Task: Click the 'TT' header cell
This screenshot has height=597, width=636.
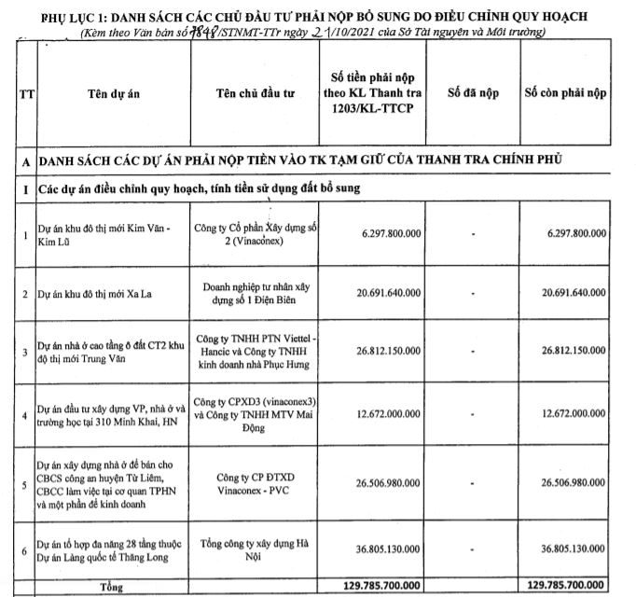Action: pyautogui.click(x=22, y=93)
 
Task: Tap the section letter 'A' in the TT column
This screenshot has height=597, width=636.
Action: pyautogui.click(x=21, y=160)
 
